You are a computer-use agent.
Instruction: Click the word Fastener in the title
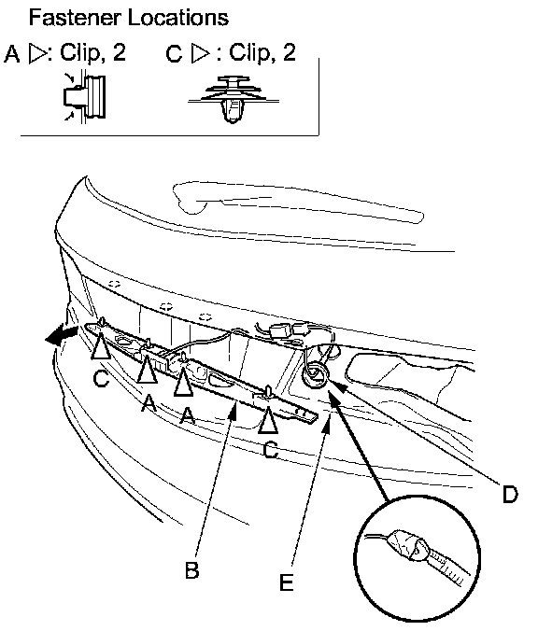tap(75, 18)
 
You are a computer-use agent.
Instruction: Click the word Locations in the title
tap(178, 18)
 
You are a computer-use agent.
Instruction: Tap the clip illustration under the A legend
tap(85, 96)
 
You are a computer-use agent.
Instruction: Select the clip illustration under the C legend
tap(234, 99)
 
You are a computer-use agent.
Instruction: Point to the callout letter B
tap(191, 569)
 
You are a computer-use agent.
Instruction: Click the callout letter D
tap(510, 494)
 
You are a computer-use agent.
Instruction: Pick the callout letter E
tap(287, 582)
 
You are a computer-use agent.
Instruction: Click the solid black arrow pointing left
tap(61, 334)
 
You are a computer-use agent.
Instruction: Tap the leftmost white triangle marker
tap(100, 346)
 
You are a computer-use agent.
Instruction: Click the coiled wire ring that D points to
tap(316, 375)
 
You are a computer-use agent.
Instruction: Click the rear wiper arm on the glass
tap(298, 202)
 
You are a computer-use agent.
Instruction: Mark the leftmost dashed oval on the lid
tap(115, 284)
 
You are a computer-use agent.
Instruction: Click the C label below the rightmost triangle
tap(270, 450)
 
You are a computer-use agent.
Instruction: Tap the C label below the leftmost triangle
tap(101, 378)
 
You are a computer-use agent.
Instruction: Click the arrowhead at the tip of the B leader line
tap(234, 410)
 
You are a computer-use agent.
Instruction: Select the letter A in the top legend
tap(12, 54)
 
